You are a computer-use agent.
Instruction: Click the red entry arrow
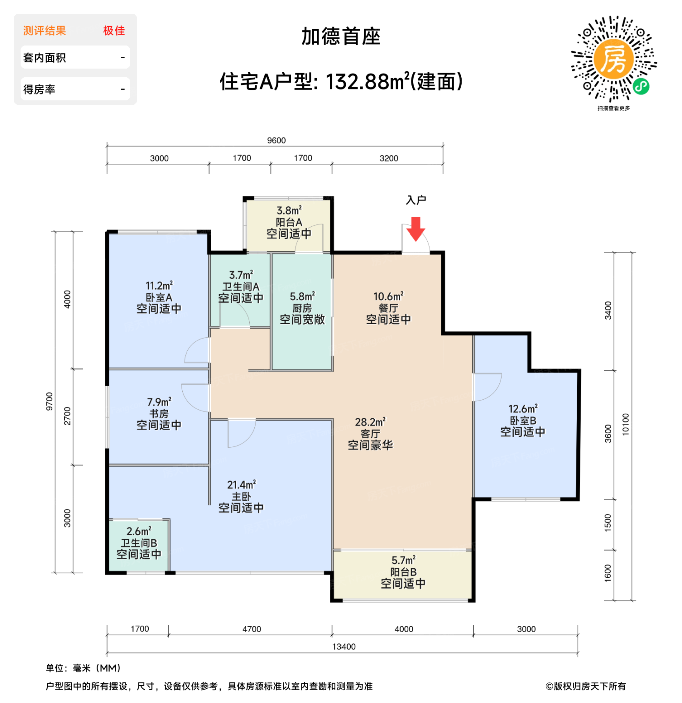pos(416,229)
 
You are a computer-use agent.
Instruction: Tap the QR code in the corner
pos(613,59)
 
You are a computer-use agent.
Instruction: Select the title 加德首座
pos(340,37)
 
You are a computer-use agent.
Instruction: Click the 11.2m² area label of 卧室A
pos(159,286)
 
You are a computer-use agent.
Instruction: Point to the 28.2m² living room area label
pos(370,422)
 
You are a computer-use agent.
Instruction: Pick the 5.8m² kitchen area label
pos(302,297)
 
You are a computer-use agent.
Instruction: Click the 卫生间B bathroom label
pos(139,543)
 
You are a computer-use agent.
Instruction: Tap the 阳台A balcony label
pos(289,222)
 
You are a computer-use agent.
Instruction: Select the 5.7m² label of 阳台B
pos(403,560)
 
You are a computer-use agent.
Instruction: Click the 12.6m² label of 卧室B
pos(523,409)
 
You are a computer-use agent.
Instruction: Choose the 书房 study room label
pos(159,414)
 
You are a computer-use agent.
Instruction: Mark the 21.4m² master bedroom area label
pos(241,485)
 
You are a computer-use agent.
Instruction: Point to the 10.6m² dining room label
pos(388,297)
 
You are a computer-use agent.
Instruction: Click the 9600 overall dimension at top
pos(276,140)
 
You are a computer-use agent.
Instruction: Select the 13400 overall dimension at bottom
pos(344,647)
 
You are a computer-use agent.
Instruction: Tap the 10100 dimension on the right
pos(625,424)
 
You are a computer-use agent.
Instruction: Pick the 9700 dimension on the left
pos(49,401)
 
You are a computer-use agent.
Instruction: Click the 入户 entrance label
pos(416,200)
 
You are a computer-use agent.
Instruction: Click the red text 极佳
pos(114,31)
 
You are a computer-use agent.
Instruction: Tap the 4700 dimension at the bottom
pos(251,629)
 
